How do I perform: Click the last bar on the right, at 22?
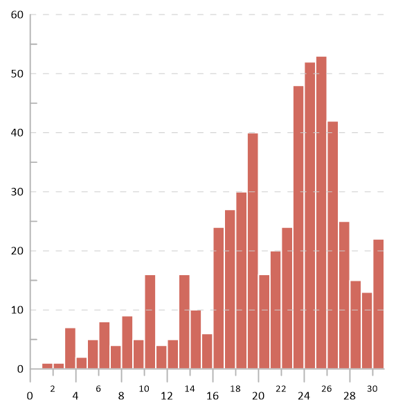[378, 304]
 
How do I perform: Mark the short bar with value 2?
[82, 363]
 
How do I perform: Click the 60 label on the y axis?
[17, 15]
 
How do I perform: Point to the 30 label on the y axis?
[17, 192]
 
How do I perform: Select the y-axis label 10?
[17, 310]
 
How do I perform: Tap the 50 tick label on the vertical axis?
[17, 74]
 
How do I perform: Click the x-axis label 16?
[213, 396]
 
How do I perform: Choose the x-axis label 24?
[304, 396]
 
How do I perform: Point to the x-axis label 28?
[350, 396]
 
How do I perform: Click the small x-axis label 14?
[190, 389]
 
